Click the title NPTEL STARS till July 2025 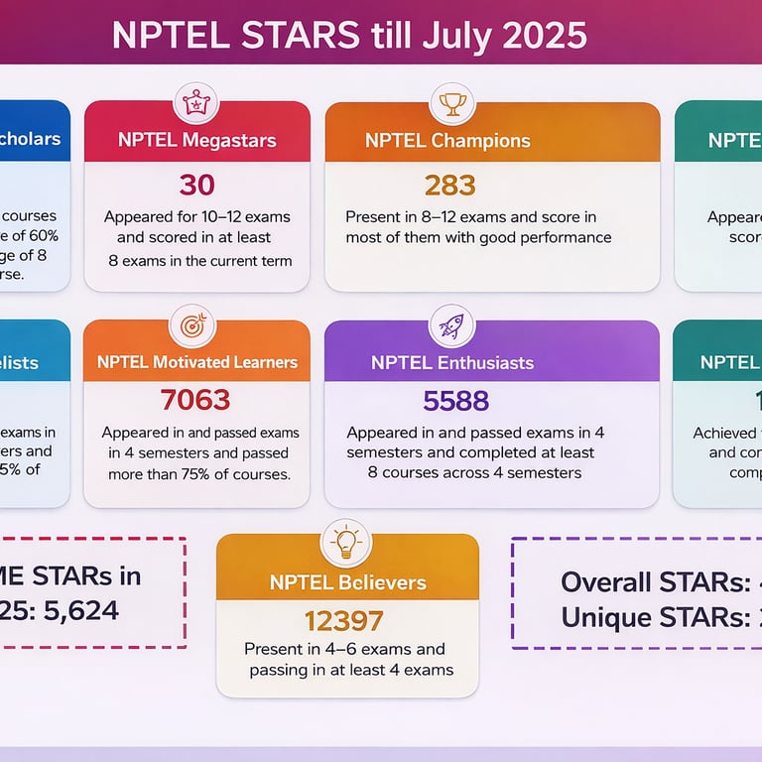349,35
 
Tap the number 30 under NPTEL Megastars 196,185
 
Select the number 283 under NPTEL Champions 449,185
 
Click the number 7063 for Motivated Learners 195,400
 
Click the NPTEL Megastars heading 196,140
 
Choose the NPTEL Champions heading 447,141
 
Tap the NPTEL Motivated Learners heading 196,362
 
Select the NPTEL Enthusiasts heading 451,362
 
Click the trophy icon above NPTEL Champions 452,102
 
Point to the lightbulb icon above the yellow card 346,542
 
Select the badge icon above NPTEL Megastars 194,102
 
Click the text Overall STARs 641,582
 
